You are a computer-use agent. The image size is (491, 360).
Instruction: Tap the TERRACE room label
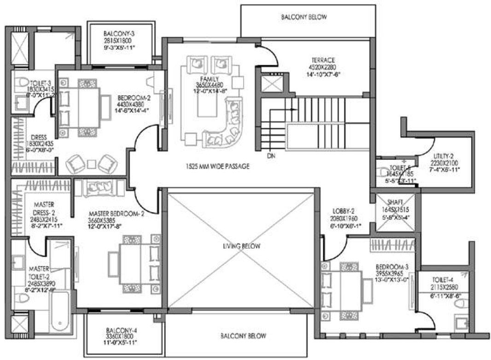click(322, 60)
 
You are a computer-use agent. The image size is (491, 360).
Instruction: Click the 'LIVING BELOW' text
click(241, 246)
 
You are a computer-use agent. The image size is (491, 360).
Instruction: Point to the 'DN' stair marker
click(270, 156)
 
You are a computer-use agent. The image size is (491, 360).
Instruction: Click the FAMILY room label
click(202, 79)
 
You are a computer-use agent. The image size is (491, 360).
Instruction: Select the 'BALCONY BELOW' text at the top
click(304, 17)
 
